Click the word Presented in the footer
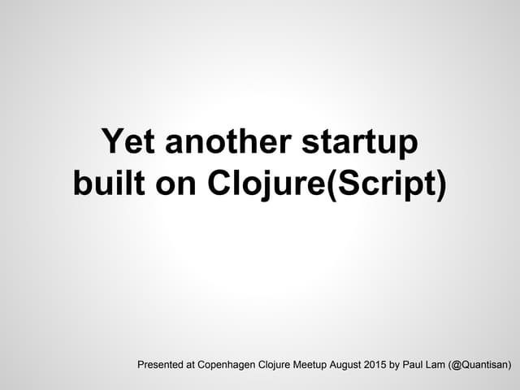165,365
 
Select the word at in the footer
203,365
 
